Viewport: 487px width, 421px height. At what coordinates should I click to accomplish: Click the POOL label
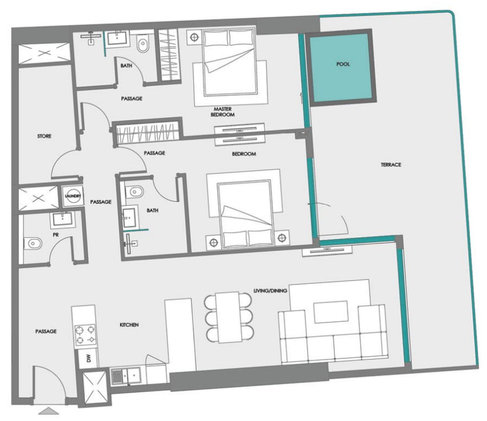pyautogui.click(x=343, y=64)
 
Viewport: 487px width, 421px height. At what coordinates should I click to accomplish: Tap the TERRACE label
pyautogui.click(x=391, y=165)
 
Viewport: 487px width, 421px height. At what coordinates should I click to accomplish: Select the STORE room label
pyautogui.click(x=44, y=136)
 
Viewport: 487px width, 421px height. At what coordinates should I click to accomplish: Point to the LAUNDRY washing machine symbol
pyautogui.click(x=73, y=196)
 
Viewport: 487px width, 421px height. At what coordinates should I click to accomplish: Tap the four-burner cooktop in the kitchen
pyautogui.click(x=85, y=334)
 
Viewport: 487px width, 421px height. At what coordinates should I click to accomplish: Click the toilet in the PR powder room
pyautogui.click(x=33, y=244)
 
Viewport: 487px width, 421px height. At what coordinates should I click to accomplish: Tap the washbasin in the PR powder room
pyautogui.click(x=62, y=220)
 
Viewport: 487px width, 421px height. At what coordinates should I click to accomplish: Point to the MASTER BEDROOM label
pyautogui.click(x=223, y=112)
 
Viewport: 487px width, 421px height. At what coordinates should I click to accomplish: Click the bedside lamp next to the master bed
pyautogui.click(x=194, y=37)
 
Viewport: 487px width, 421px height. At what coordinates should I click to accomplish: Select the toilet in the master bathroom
pyautogui.click(x=143, y=45)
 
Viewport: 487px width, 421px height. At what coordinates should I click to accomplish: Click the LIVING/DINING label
pyautogui.click(x=270, y=291)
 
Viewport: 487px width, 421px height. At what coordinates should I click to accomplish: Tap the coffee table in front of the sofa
pyautogui.click(x=331, y=312)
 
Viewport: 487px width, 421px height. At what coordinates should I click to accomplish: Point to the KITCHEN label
pyautogui.click(x=129, y=325)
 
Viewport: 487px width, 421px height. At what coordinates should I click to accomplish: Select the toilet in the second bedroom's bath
pyautogui.click(x=135, y=192)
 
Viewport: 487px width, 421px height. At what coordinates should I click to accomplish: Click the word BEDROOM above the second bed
pyautogui.click(x=244, y=154)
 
